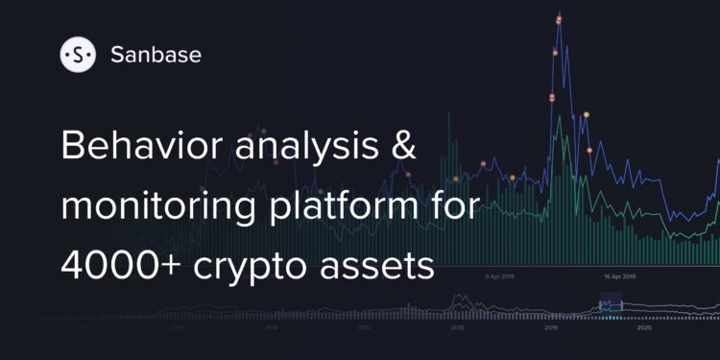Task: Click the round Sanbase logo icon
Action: [77, 56]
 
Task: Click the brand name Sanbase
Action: [156, 55]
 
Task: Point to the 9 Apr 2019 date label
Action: [500, 276]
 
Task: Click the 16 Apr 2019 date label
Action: [621, 276]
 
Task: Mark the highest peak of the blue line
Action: [559, 16]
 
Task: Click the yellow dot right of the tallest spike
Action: [587, 115]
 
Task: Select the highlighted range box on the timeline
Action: [611, 305]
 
